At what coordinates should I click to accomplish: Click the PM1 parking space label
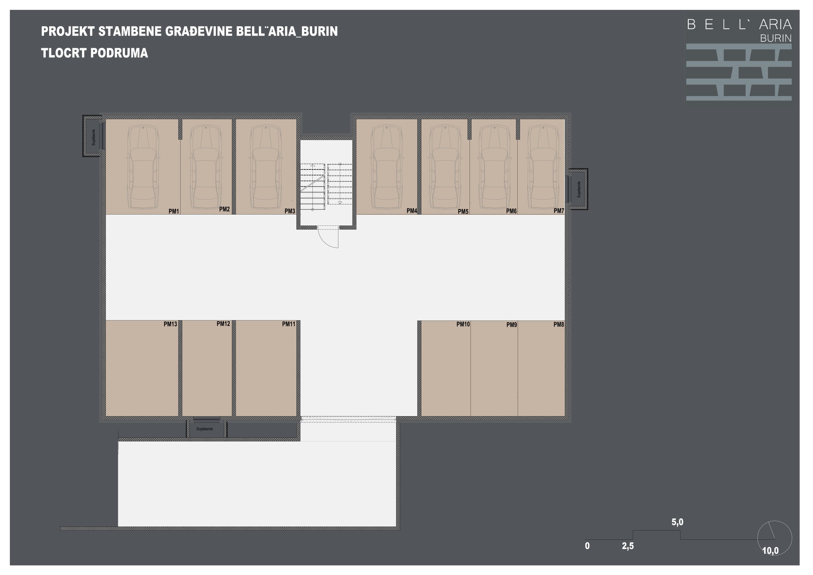173,211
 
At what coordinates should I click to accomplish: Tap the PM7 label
559,211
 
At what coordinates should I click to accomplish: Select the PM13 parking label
170,324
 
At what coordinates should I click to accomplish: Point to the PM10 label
463,324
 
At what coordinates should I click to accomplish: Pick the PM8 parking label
559,325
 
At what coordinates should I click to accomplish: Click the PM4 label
412,211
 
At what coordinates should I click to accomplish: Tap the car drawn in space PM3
266,166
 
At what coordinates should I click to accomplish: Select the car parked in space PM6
494,166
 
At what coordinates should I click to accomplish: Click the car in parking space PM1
143,166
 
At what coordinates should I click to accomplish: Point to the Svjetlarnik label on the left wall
94,137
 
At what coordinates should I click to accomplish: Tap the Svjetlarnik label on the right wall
579,190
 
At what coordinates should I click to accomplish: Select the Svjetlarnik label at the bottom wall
205,429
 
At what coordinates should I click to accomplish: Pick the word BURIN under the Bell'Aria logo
775,38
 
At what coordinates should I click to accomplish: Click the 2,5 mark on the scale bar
628,546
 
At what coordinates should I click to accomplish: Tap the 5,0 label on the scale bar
677,522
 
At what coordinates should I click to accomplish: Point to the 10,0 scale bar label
771,551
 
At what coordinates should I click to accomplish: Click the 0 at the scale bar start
587,546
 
